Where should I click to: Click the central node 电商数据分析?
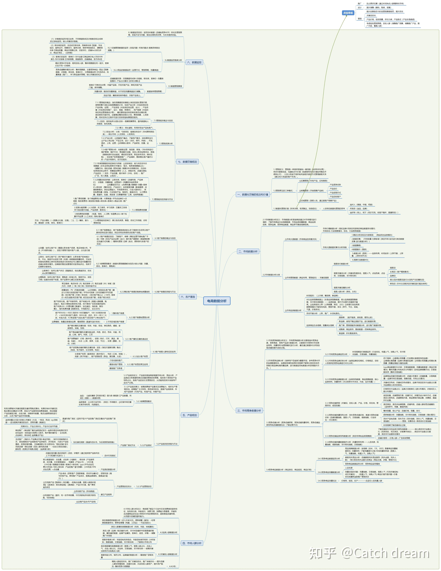click(217, 301)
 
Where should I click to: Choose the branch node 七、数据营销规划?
click(187, 162)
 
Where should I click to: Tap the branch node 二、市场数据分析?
click(248, 252)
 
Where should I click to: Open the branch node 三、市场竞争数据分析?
click(249, 411)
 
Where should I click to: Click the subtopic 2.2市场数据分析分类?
click(271, 275)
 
